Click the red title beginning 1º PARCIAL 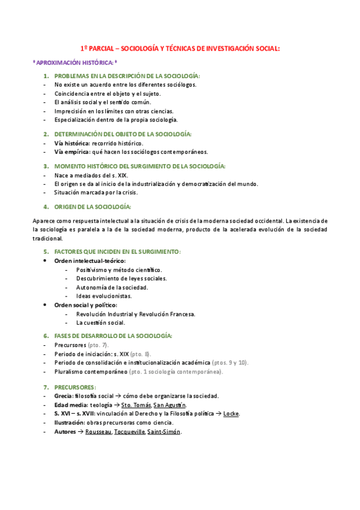click(x=180, y=49)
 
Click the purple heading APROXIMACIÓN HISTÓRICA click(x=76, y=63)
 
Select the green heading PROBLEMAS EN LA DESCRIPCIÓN click(x=127, y=76)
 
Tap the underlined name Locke click(x=231, y=414)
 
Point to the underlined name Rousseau click(x=99, y=432)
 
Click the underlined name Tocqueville click(x=129, y=432)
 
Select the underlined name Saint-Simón click(x=163, y=432)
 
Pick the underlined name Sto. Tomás click(x=136, y=405)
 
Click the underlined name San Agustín click(x=169, y=405)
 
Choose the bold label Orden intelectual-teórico click(x=90, y=261)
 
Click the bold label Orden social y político click(x=85, y=305)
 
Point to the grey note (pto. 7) click(x=98, y=345)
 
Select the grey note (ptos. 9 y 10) click(x=230, y=363)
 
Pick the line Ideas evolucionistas click(x=103, y=296)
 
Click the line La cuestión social click(x=100, y=322)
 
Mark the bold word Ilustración click(x=69, y=423)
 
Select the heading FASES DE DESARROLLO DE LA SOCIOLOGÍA click(x=113, y=335)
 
